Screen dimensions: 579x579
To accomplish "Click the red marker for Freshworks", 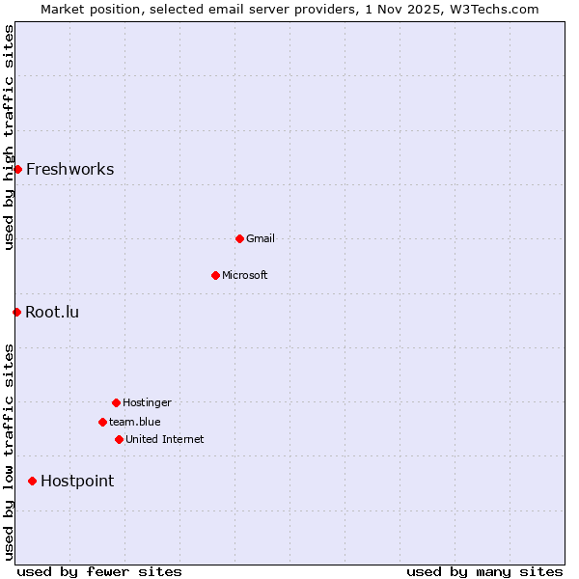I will [x=17, y=169].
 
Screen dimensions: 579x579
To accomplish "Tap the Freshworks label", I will [x=69, y=170].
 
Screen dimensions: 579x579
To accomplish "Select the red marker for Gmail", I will [x=239, y=238].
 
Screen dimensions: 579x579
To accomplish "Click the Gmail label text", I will [x=261, y=239].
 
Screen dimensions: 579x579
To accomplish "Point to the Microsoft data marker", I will [x=215, y=275].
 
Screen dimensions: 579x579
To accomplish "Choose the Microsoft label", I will [x=245, y=276].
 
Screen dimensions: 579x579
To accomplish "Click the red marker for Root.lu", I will [x=16, y=312].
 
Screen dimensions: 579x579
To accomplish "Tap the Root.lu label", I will [x=52, y=313].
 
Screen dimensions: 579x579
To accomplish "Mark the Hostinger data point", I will [x=116, y=402].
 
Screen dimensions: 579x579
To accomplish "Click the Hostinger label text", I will [x=147, y=403].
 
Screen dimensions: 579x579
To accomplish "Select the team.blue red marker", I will [x=102, y=422].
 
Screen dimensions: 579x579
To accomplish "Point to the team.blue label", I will [x=135, y=423].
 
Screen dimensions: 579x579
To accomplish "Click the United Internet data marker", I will [x=119, y=439].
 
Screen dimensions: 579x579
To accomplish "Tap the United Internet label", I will [x=165, y=440].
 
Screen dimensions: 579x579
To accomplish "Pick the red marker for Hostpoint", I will [x=32, y=481].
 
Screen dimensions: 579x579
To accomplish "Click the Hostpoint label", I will [x=77, y=482].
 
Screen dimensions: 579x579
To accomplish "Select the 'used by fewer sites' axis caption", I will [x=99, y=571].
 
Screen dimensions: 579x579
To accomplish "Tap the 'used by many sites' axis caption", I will [x=484, y=571].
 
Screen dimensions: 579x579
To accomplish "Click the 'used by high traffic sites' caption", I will [x=9, y=137].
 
